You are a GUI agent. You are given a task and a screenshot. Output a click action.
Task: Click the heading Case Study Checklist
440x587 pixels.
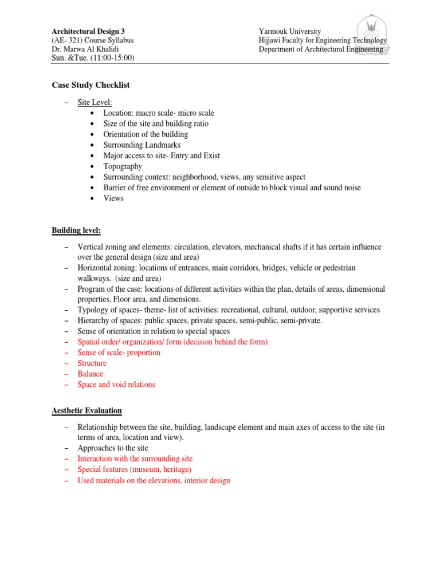click(x=91, y=85)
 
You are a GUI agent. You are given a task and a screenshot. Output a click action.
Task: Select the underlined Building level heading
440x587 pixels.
click(x=76, y=230)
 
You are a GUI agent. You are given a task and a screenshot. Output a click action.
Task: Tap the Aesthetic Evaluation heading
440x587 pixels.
click(x=87, y=411)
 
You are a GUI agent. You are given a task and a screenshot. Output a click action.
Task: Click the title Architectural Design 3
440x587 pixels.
click(x=88, y=31)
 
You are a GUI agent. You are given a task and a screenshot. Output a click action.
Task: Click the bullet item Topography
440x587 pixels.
click(x=123, y=166)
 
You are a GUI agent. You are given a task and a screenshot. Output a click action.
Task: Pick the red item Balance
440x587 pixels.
click(x=91, y=374)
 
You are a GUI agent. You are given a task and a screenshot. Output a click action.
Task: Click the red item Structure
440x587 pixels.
click(x=92, y=363)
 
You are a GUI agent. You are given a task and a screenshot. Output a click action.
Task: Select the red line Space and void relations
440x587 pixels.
click(x=116, y=385)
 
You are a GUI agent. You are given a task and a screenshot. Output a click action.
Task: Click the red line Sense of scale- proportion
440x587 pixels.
click(x=119, y=353)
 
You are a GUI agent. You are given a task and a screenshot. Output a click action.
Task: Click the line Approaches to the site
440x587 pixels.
click(x=113, y=448)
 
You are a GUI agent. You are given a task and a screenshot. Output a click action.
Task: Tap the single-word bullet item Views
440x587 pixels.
click(x=113, y=198)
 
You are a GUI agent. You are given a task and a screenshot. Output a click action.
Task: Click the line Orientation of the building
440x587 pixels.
click(x=146, y=134)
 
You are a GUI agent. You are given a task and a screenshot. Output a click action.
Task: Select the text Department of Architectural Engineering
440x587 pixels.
click(x=321, y=49)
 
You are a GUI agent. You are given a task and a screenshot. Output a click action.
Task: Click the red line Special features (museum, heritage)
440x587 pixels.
click(x=135, y=469)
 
